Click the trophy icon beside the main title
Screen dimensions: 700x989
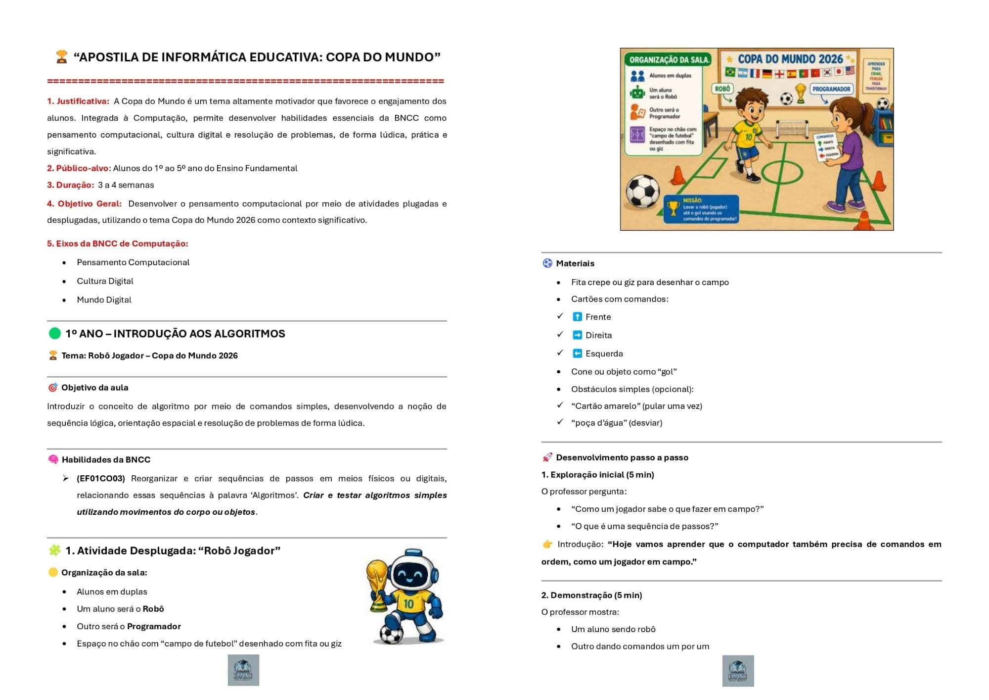click(x=61, y=57)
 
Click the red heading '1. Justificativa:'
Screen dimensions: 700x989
click(x=78, y=101)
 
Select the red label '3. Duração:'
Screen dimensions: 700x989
click(x=70, y=185)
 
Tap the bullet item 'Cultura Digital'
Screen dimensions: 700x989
click(x=105, y=281)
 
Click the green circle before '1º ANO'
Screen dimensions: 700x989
click(x=55, y=334)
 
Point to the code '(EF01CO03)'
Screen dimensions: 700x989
click(x=101, y=479)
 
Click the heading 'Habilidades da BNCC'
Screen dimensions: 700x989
click(x=106, y=460)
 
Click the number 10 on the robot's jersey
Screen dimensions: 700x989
click(x=408, y=604)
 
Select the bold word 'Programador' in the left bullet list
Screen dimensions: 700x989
click(x=154, y=627)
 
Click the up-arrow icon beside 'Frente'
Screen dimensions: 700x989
click(x=577, y=317)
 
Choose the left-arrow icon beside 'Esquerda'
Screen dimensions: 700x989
click(x=577, y=353)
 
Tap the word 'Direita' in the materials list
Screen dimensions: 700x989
click(x=598, y=336)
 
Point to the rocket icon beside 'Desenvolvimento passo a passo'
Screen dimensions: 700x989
click(x=547, y=457)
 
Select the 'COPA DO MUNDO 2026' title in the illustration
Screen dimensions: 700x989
click(x=790, y=59)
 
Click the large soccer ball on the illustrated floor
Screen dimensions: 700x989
click(x=642, y=191)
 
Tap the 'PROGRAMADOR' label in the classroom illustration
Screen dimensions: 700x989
click(x=831, y=90)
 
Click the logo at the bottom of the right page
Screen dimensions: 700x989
click(x=738, y=671)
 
